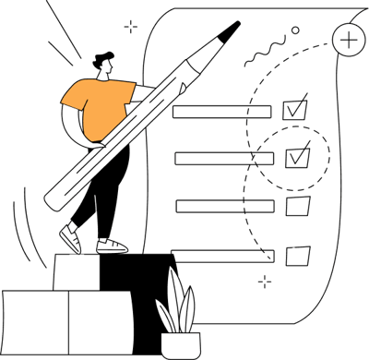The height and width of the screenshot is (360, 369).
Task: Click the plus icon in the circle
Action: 349,40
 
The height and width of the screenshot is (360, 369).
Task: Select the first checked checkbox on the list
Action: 295,109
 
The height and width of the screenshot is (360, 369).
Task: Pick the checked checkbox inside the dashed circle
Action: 297,157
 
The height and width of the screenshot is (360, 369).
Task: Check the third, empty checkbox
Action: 297,206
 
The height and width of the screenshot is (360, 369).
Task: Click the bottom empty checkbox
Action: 297,255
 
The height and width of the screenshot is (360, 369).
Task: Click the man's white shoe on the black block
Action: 112,246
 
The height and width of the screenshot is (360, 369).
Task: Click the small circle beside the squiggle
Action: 295,30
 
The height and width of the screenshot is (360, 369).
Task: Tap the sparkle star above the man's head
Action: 131,27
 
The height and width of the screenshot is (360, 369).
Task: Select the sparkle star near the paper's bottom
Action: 266,279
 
